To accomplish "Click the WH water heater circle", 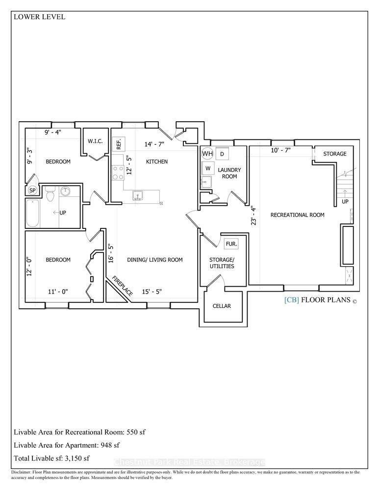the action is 207,153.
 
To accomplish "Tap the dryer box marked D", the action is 222,154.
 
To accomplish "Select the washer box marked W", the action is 208,168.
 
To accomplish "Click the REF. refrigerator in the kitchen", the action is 119,144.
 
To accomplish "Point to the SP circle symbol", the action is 32,190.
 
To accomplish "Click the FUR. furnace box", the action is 231,244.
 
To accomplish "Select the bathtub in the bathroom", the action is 32,213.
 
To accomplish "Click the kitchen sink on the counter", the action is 137,195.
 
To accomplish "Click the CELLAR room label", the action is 222,306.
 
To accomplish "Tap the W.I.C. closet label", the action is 95,141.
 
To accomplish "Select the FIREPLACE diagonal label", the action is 122,286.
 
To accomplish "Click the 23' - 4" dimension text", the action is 253,215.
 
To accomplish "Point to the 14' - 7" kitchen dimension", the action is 154,144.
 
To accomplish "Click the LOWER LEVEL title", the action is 39,17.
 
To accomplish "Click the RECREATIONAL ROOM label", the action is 298,215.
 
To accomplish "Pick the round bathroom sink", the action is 66,191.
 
